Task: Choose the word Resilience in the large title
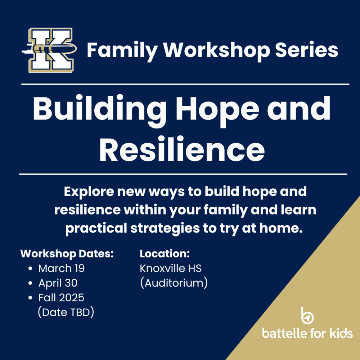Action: (x=182, y=150)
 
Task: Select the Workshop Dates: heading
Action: (x=67, y=253)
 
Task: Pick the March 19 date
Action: (x=62, y=268)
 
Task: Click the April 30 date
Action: (x=58, y=283)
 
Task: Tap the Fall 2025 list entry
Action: (x=61, y=298)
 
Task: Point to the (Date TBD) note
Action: (x=66, y=312)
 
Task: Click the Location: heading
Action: (x=165, y=253)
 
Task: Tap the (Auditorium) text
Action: (x=174, y=283)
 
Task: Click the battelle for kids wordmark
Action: (x=307, y=333)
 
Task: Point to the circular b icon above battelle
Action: (x=307, y=316)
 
